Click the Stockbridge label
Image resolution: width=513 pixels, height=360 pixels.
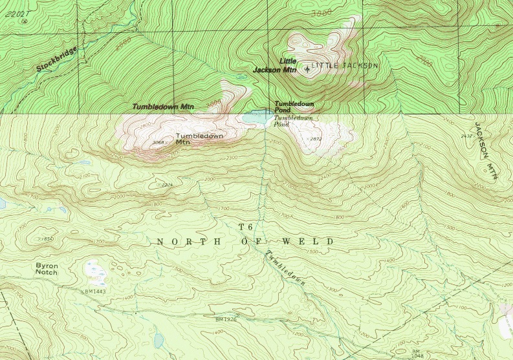pyautogui.click(x=56, y=58)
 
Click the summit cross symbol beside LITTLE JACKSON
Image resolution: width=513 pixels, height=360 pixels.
pyautogui.click(x=307, y=69)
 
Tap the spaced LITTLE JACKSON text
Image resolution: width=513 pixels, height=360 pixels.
pyautogui.click(x=345, y=66)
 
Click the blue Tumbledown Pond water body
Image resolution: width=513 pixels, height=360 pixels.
pyautogui.click(x=256, y=118)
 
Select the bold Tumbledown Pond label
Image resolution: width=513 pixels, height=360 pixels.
pyautogui.click(x=294, y=107)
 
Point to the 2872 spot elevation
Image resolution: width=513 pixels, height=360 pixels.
pyautogui.click(x=316, y=139)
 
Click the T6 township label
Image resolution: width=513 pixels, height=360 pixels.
pyautogui.click(x=245, y=227)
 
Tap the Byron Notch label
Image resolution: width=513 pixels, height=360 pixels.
pyautogui.click(x=47, y=269)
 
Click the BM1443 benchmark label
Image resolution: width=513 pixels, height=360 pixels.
pyautogui.click(x=94, y=291)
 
